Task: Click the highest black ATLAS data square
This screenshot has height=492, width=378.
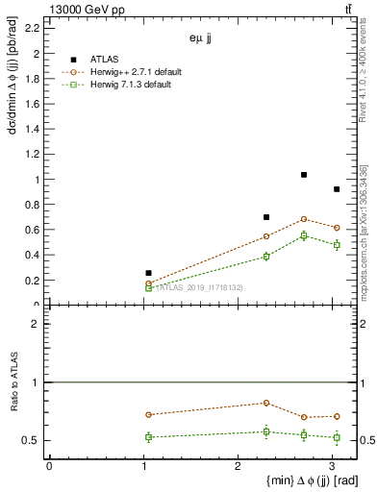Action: click(304, 175)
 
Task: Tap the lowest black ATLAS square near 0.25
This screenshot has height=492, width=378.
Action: click(148, 273)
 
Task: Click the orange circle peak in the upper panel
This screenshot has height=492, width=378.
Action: click(304, 219)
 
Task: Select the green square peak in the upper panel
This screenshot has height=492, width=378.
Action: click(304, 235)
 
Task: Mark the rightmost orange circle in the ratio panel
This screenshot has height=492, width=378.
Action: click(337, 416)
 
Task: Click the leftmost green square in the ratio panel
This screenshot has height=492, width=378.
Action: click(148, 437)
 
